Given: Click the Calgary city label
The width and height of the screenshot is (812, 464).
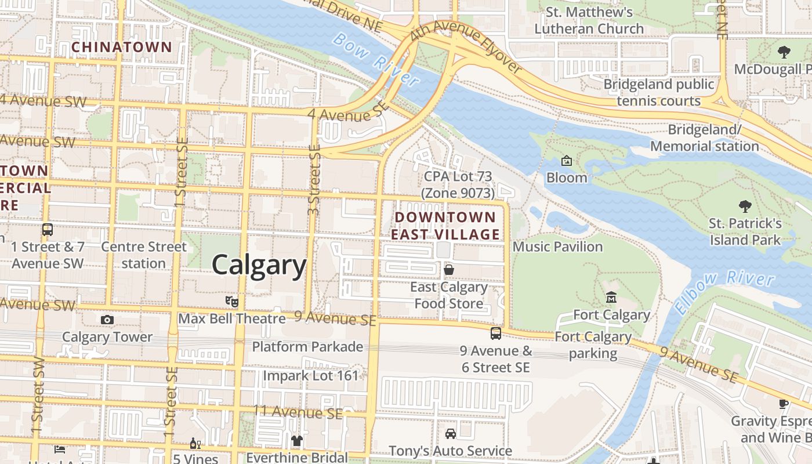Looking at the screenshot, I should coord(259,265).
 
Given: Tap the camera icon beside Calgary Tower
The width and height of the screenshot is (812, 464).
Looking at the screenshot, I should coord(107,320).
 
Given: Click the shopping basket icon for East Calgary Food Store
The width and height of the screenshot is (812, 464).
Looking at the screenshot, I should coord(448,270).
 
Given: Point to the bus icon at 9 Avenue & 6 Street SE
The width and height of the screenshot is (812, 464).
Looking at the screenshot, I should coord(495,333).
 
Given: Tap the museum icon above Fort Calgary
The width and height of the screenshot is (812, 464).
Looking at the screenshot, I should coord(611,298).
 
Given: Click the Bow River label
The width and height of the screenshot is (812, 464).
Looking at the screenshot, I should coord(375,59).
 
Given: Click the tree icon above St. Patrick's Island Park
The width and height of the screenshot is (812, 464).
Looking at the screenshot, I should coord(745,206).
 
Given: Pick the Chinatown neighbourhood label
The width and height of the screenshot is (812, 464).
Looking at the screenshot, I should coord(122,47).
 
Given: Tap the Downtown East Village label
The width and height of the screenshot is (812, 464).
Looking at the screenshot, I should coord(445,226).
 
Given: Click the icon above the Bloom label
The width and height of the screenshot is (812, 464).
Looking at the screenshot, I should coord(567,161).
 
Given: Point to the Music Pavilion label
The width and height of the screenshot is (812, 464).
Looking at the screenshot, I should coord(558,247).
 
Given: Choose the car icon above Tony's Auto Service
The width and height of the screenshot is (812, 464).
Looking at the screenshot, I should coord(450,433).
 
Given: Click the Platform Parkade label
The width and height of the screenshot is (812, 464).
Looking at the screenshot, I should coord(307,347).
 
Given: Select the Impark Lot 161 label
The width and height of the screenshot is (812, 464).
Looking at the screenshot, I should coord(311,375).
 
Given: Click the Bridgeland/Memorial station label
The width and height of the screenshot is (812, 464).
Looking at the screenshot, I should coord(705,137).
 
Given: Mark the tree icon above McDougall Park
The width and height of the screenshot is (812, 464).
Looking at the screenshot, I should coord(784,52).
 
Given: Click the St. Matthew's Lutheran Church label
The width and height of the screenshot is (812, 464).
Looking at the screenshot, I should coord(589,20).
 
